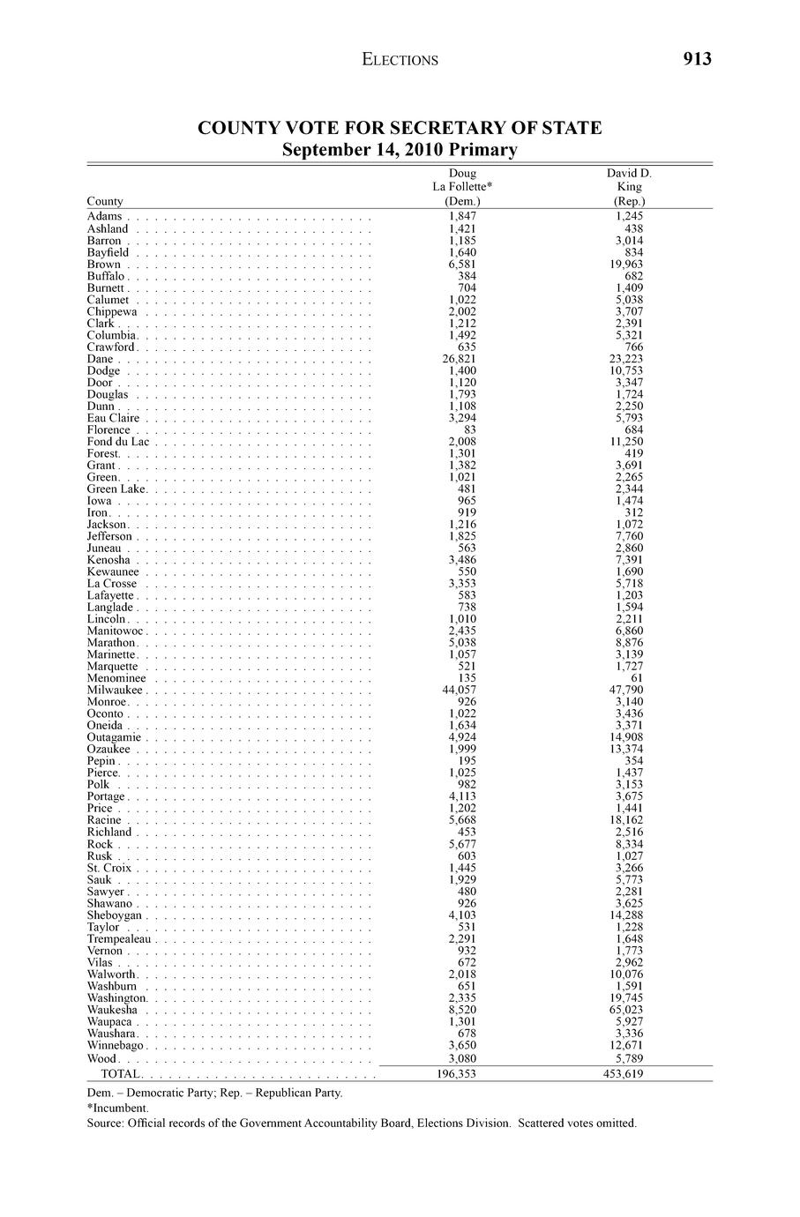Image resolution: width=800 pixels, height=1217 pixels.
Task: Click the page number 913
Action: (x=696, y=59)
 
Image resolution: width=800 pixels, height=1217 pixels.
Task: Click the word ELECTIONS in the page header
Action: (x=400, y=60)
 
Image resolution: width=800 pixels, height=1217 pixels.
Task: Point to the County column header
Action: (x=105, y=201)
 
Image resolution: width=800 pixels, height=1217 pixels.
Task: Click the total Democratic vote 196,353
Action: (x=457, y=1074)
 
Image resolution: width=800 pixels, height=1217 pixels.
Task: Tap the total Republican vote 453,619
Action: (x=622, y=1074)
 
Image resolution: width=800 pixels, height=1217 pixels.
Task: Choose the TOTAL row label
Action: (x=121, y=1074)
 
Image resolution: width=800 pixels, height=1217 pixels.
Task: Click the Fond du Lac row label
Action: (x=118, y=442)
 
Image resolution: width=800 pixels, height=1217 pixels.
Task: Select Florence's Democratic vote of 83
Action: (x=469, y=430)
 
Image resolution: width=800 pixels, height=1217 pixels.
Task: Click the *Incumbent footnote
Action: (x=118, y=1108)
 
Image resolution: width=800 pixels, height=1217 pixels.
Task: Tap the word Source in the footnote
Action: (x=105, y=1124)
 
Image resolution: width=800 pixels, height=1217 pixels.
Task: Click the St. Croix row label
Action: (x=109, y=868)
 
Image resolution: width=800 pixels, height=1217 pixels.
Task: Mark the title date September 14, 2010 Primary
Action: (x=400, y=150)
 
